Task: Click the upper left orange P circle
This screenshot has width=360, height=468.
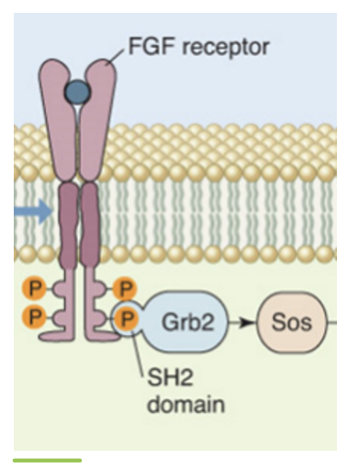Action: pyautogui.click(x=35, y=289)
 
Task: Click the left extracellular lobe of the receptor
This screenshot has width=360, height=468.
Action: pyautogui.click(x=58, y=119)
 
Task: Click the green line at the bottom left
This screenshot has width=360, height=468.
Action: pyautogui.click(x=47, y=460)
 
